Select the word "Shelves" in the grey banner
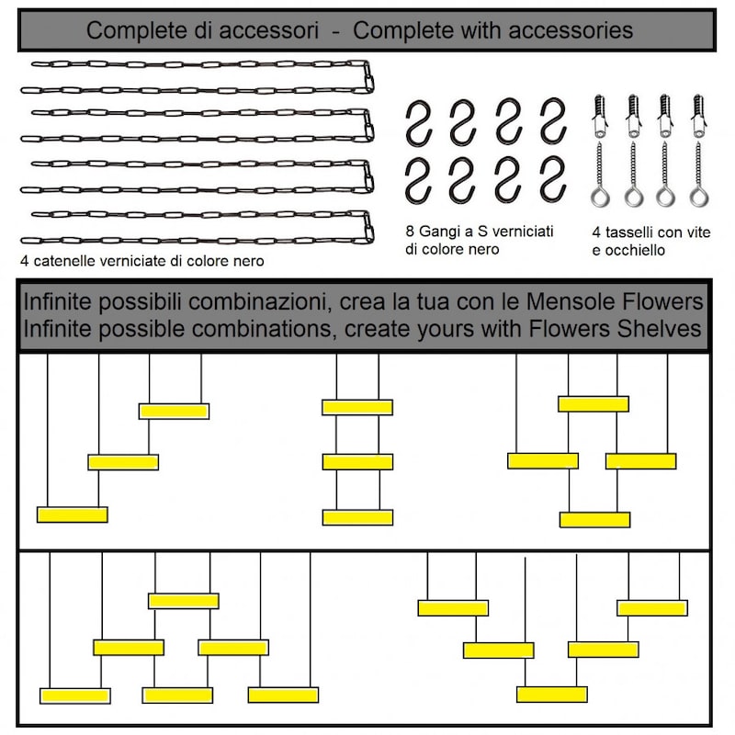click(x=657, y=328)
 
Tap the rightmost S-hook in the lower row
click(x=552, y=179)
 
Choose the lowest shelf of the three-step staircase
click(x=73, y=514)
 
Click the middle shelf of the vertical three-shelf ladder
click(x=357, y=461)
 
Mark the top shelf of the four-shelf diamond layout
click(x=594, y=403)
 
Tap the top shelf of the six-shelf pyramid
click(x=184, y=600)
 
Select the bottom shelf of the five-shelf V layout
click(x=552, y=694)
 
